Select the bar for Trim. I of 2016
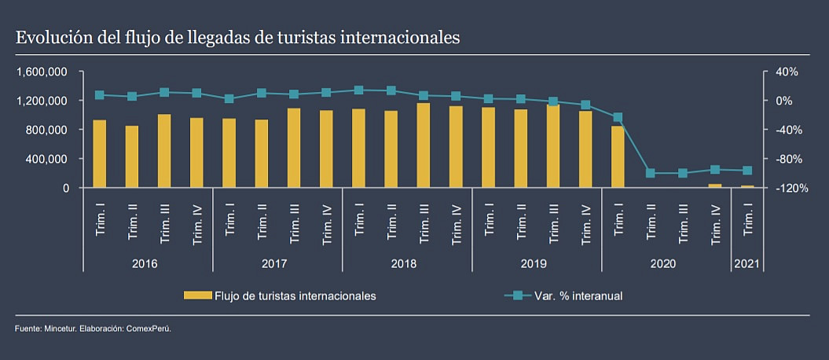100,154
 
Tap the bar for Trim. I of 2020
618,157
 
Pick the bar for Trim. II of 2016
132,157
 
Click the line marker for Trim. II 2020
650,173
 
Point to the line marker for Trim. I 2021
747,171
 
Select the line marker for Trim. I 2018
358,90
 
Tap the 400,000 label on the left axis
49,159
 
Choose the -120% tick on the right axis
783,189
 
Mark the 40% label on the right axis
787,72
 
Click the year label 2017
274,263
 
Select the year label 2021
746,263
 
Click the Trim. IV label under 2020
715,226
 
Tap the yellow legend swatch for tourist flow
197,296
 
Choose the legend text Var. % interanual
578,296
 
